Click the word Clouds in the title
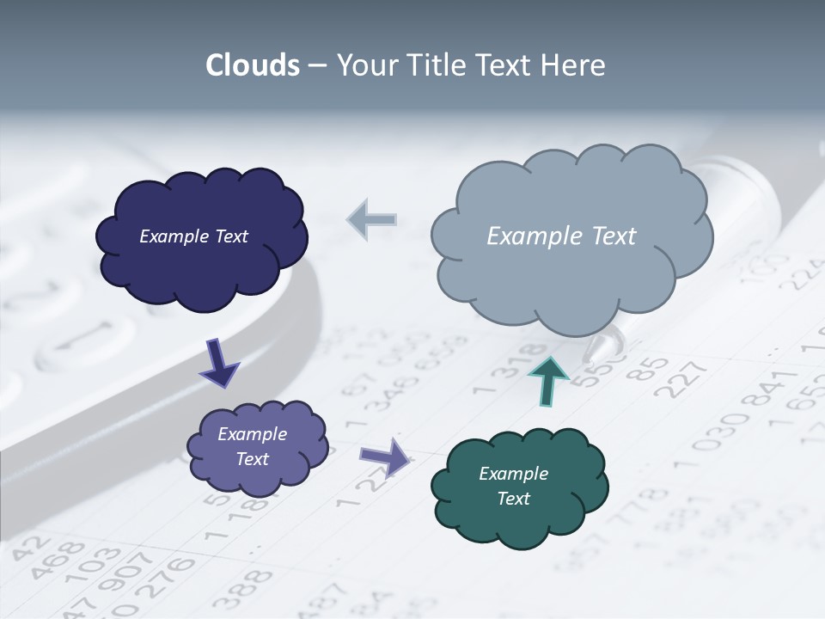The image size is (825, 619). [253, 65]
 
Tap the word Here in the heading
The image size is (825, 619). [573, 65]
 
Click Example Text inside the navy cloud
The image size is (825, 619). [193, 236]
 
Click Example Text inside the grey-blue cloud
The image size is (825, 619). [561, 236]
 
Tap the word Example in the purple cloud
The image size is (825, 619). [252, 434]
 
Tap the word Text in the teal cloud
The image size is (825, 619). [514, 499]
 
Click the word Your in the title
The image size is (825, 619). [367, 65]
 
